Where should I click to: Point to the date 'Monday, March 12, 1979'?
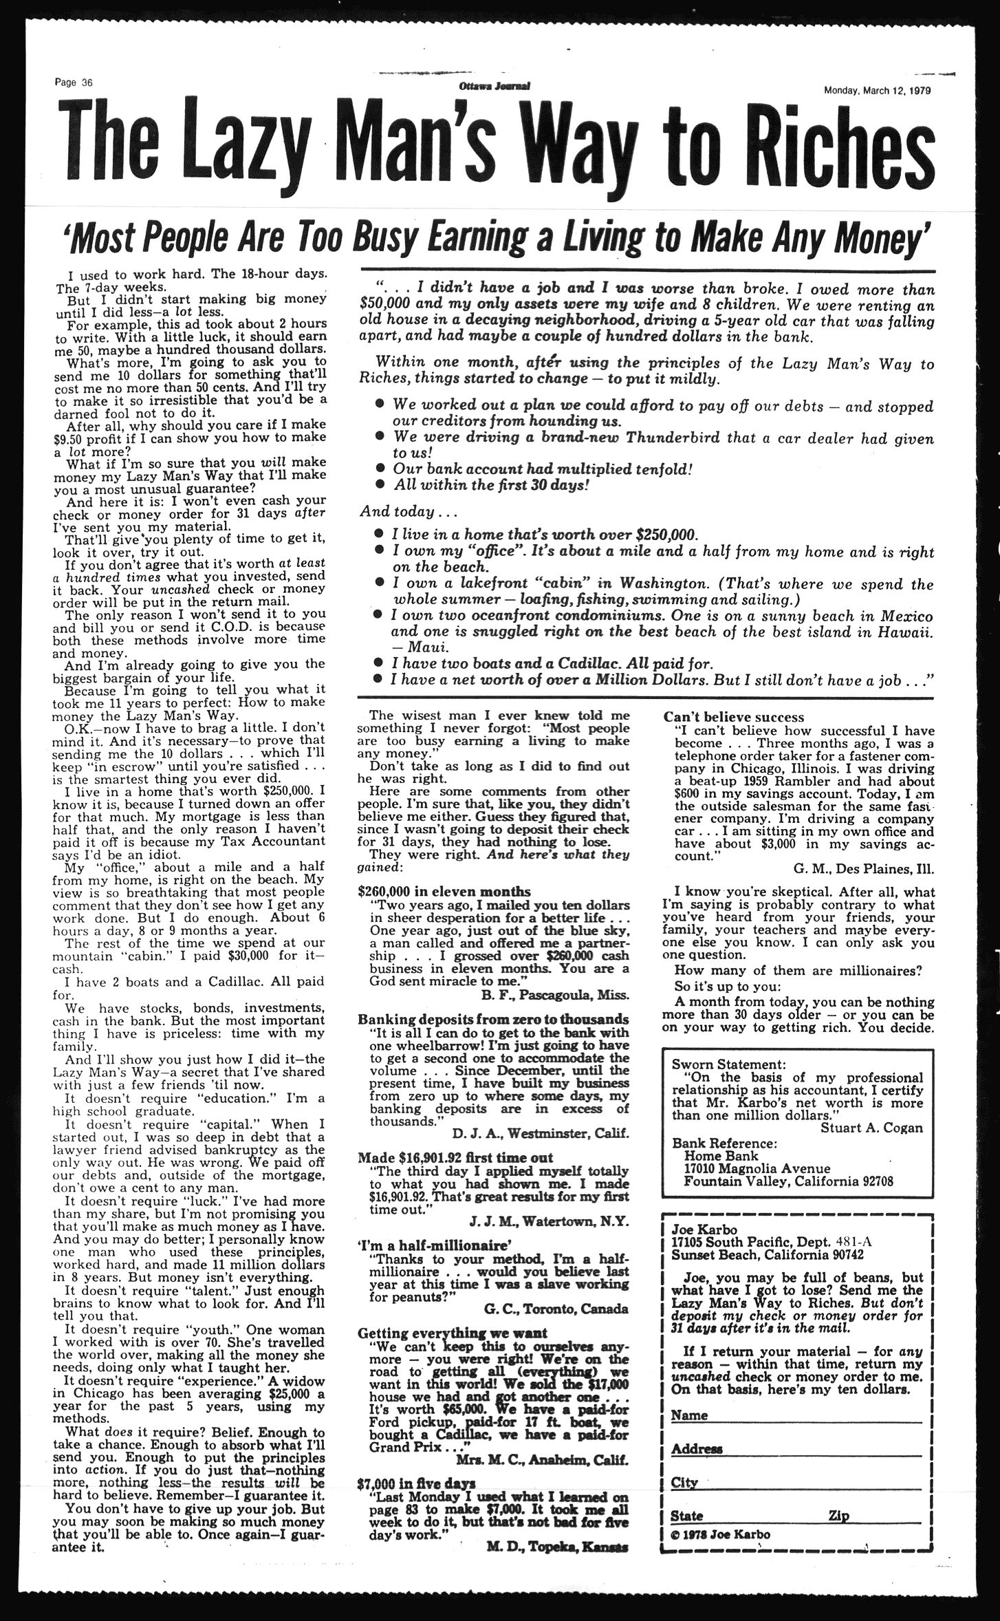pos(878,90)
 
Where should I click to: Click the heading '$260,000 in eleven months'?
pos(445,891)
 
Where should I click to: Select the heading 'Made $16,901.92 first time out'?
pos(455,1157)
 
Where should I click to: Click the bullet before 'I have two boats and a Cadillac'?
pos(378,664)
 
